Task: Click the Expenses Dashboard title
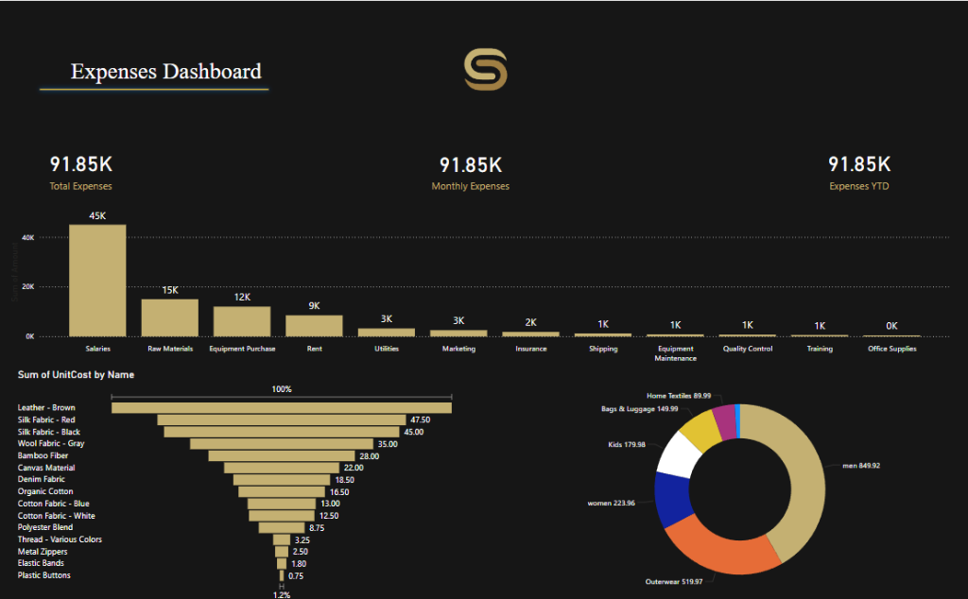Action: pyautogui.click(x=166, y=72)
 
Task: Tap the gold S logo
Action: pyautogui.click(x=485, y=71)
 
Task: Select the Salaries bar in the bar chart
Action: pyautogui.click(x=97, y=281)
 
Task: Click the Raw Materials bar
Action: pyautogui.click(x=170, y=317)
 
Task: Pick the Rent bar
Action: pyautogui.click(x=314, y=325)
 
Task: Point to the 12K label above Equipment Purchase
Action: pyautogui.click(x=242, y=297)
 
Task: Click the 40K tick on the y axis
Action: pyautogui.click(x=28, y=237)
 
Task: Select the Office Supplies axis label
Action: pyautogui.click(x=890, y=349)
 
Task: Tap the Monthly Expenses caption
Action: pyautogui.click(x=470, y=186)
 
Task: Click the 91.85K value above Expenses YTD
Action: pyautogui.click(x=858, y=164)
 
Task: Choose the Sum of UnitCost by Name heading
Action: pyautogui.click(x=76, y=375)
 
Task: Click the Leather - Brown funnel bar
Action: pyautogui.click(x=281, y=408)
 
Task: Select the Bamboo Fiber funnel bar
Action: pyautogui.click(x=281, y=455)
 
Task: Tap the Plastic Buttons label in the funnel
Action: pyautogui.click(x=44, y=574)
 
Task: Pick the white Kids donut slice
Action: pyautogui.click(x=680, y=453)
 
